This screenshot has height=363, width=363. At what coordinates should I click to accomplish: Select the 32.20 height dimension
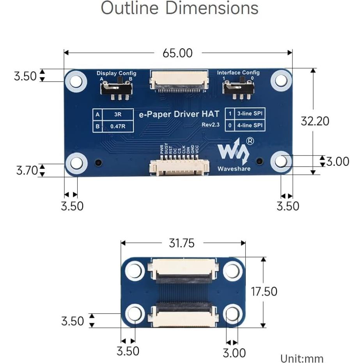click(x=315, y=121)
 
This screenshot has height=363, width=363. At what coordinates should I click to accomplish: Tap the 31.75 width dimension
click(x=181, y=243)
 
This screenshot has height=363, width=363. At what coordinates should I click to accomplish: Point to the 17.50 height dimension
click(x=264, y=291)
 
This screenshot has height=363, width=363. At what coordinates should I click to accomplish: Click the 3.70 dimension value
click(x=27, y=170)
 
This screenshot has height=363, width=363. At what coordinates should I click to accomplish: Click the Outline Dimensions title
click(x=180, y=9)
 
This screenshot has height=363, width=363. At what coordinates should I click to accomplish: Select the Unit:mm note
click(x=302, y=358)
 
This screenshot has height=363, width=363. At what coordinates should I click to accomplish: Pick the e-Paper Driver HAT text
click(x=179, y=114)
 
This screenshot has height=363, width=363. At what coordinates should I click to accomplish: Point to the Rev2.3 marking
click(x=211, y=125)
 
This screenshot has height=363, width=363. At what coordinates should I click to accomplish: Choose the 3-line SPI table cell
click(x=250, y=114)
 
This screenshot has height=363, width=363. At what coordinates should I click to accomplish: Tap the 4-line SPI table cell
click(x=250, y=126)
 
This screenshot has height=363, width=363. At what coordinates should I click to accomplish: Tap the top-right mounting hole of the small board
click(x=233, y=271)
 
